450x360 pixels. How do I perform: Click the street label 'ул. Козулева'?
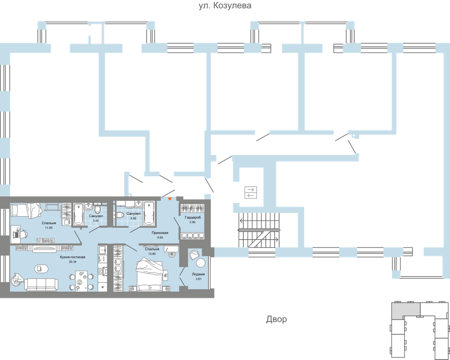click(225, 6)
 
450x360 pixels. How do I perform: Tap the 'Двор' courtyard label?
click(276, 320)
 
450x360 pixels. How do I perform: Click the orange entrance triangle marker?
click(170, 200)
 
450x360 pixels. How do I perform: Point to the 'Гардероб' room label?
click(192, 217)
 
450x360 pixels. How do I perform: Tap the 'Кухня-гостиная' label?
click(72, 257)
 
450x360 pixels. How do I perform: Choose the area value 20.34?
click(73, 262)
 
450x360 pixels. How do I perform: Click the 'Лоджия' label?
click(198, 274)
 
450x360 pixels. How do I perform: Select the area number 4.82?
click(133, 218)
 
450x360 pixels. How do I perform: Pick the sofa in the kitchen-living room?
click(40, 284)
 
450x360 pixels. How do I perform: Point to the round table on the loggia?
click(201, 263)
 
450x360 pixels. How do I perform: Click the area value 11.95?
click(49, 227)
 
